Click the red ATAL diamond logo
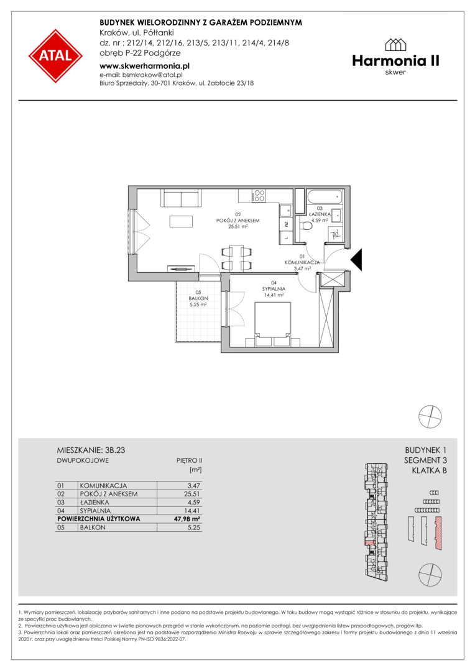coord(56,56)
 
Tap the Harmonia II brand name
coord(396,61)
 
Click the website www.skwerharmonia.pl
coord(144,66)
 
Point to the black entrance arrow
coord(356,259)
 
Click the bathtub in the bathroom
coord(325,198)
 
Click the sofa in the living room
coord(180,198)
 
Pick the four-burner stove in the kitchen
coord(259,196)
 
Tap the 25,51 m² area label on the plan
coord(238,227)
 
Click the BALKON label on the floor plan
coord(198,298)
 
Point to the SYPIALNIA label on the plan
coord(274,289)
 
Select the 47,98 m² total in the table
coord(188,519)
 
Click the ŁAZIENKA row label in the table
coord(95,503)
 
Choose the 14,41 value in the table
coord(193,511)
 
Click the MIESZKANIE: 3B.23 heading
coord(91,450)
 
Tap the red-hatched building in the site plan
coord(438,533)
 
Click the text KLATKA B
coord(429,471)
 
